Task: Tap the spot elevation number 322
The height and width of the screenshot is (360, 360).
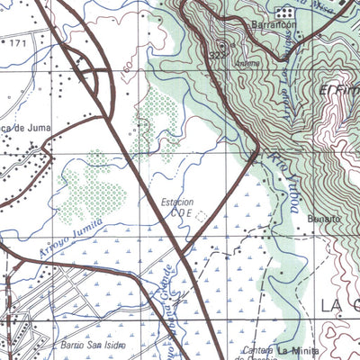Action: pyautogui.click(x=217, y=57)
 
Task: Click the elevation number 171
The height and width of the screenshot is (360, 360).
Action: pyautogui.click(x=18, y=42)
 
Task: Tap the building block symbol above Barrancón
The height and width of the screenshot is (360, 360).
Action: pyautogui.click(x=285, y=13)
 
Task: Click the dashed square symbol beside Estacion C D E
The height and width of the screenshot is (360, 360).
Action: pyautogui.click(x=199, y=214)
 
